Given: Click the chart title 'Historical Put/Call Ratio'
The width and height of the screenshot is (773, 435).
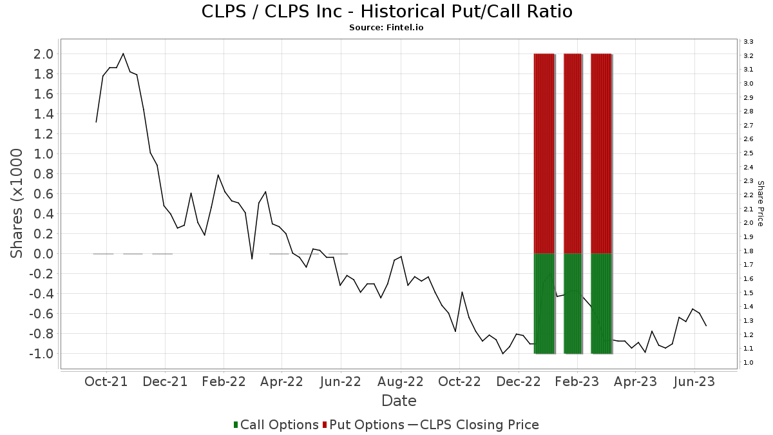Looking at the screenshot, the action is [466, 12].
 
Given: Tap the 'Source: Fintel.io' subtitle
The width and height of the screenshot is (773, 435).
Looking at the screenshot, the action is [386, 28].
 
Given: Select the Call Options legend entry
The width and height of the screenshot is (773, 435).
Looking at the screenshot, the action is [276, 425].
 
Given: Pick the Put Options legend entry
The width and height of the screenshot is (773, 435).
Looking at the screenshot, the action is [363, 425].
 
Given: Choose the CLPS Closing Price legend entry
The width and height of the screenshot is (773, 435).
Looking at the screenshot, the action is [473, 425].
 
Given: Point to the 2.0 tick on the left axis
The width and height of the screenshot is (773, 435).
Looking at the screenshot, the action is [43, 54].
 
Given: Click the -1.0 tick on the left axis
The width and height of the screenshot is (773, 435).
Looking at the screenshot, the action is [41, 354].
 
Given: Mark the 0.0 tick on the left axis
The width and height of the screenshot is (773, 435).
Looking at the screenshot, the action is [43, 254].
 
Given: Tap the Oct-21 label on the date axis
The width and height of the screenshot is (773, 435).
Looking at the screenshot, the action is [106, 382].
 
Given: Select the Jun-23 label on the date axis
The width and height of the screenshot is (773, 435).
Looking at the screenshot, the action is [694, 382].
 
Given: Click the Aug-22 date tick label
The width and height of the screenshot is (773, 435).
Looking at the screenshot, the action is [401, 382].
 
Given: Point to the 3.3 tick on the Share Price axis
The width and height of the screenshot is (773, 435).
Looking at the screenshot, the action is [748, 42].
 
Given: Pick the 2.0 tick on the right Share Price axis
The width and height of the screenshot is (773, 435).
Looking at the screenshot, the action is [748, 223].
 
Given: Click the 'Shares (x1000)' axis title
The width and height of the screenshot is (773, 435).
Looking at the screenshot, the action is [16, 204].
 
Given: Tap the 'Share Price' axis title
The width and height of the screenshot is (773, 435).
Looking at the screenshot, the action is [761, 204].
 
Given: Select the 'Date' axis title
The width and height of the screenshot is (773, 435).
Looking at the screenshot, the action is [399, 401].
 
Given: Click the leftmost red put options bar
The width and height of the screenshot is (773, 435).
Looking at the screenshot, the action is [544, 153].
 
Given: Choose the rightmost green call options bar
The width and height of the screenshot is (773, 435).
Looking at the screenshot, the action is [601, 304].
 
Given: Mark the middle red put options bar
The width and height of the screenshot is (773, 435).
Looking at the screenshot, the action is [573, 153].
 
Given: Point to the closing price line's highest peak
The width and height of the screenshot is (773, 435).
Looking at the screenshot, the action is [123, 53].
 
